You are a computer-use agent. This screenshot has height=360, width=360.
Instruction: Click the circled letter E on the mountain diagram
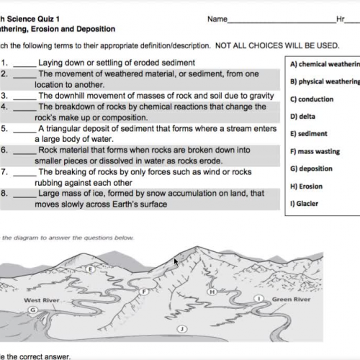pyautogui.click(x=90, y=268)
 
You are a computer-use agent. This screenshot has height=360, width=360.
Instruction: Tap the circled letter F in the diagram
pyautogui.click(x=145, y=291)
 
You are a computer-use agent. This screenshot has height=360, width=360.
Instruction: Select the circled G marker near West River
pyautogui.click(x=32, y=309)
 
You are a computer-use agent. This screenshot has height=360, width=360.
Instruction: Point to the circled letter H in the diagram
pyautogui.click(x=212, y=292)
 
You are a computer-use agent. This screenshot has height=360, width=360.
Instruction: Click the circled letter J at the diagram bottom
pyautogui.click(x=182, y=328)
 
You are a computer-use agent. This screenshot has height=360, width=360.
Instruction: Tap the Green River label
pyautogui.click(x=292, y=299)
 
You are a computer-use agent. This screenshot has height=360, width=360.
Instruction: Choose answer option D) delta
pyautogui.click(x=303, y=116)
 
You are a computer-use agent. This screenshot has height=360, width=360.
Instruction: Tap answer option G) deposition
pyautogui.click(x=311, y=168)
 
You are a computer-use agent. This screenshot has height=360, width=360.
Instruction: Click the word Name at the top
pyautogui.click(x=217, y=19)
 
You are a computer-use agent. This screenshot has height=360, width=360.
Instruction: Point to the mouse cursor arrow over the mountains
pyautogui.click(x=175, y=261)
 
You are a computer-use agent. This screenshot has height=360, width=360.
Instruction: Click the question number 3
pyautogui.click(x=4, y=95)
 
